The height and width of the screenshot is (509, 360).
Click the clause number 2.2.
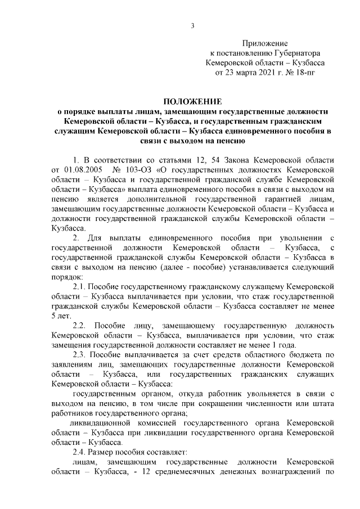pos(81,326)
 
